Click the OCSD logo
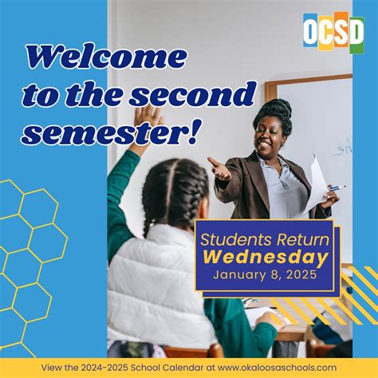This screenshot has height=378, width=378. pos(333,32)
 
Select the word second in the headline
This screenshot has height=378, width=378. pos(193,94)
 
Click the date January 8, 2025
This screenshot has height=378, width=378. pos(265,274)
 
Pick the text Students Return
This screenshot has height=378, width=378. pos(265,239)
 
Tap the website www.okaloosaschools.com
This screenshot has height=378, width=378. pos(277,368)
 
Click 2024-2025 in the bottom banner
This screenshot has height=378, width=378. pos(104,368)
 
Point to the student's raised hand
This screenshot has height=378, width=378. pos(148,120)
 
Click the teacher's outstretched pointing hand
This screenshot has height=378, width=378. pos(219,168)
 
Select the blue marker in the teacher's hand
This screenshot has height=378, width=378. pos(337,188)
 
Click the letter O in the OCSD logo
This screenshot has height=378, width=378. pos(310,30)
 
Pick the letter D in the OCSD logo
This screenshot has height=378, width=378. pos(356,31)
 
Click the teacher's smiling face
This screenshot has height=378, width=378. pos(268,138)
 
